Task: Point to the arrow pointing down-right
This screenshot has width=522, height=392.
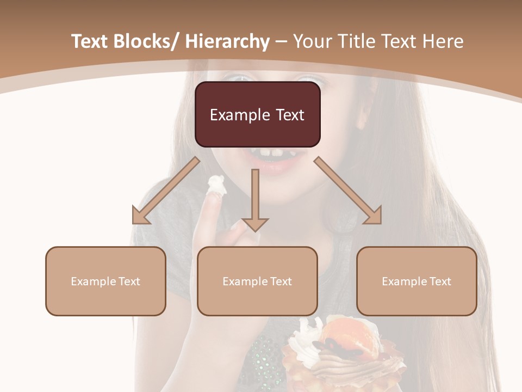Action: click(x=348, y=191)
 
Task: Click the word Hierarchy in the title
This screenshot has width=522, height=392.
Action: click(x=227, y=41)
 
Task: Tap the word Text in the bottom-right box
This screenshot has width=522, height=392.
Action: click(x=439, y=281)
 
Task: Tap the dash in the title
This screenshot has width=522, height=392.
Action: click(x=281, y=41)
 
